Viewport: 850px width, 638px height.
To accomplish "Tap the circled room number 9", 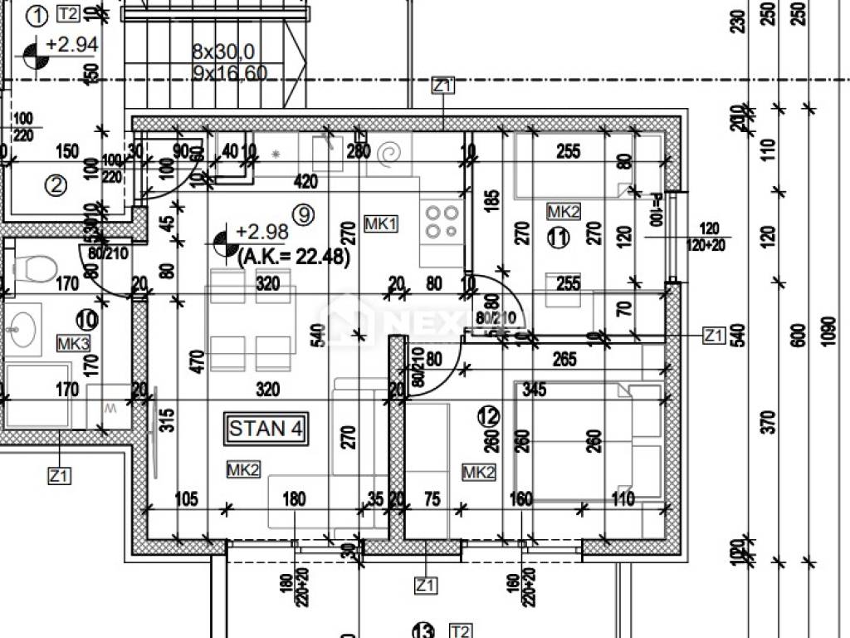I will pyautogui.click(x=305, y=215).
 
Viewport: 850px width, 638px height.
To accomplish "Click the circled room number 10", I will pyautogui.click(x=85, y=318).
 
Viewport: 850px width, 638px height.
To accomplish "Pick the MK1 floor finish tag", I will pyautogui.click(x=381, y=223).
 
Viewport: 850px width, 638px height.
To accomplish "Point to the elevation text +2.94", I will pyautogui.click(x=72, y=45).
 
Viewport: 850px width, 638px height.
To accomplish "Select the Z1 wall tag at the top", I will pyautogui.click(x=443, y=86).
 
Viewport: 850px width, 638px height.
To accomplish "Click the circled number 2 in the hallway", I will pyautogui.click(x=56, y=184).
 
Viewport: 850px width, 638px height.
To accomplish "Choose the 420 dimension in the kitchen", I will pyautogui.click(x=306, y=182).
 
